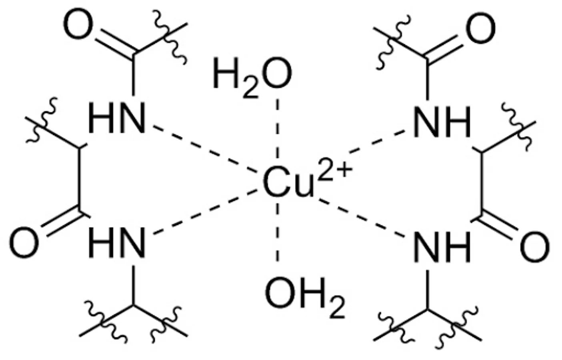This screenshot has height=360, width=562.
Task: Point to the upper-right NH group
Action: click(x=442, y=122)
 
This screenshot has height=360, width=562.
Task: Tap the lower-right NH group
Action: click(x=442, y=246)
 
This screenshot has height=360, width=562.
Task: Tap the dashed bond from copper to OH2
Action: click(x=278, y=236)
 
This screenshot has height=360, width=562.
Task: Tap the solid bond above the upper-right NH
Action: click(x=428, y=82)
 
